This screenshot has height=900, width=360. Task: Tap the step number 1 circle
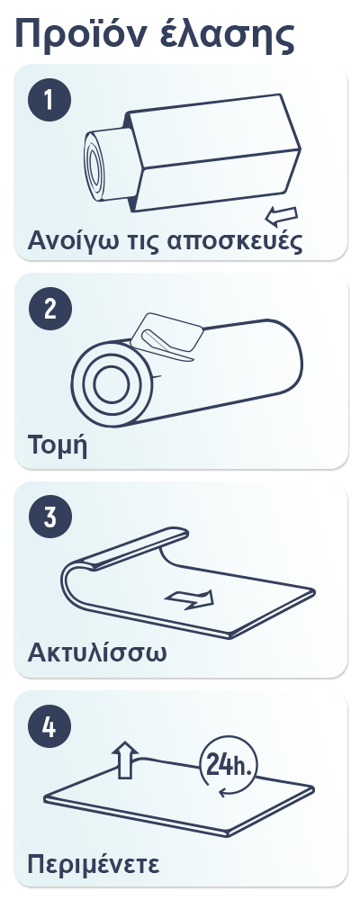[49, 101]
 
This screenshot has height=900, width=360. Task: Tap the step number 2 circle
[50, 309]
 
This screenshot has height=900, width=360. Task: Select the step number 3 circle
[50, 517]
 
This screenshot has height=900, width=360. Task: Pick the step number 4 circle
[49, 726]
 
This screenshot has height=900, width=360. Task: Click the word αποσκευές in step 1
[234, 241]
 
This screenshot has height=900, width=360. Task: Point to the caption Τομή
[58, 445]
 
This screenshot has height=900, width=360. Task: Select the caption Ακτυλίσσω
[97, 652]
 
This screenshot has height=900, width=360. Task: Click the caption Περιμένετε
[94, 864]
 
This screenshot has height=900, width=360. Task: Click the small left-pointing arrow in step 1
[281, 216]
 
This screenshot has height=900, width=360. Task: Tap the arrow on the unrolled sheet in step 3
[190, 598]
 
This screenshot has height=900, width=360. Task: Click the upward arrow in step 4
[124, 760]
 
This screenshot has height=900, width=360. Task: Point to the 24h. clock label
[228, 764]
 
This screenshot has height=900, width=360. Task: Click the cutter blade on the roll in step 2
[167, 337]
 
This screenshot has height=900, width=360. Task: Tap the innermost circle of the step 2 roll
[112, 384]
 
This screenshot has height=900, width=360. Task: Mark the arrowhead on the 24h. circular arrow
[223, 793]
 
